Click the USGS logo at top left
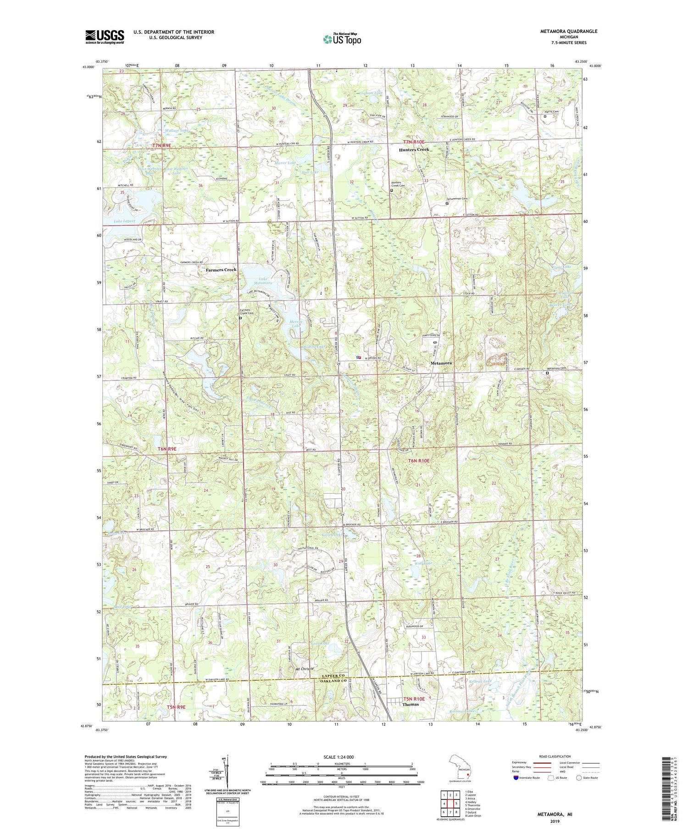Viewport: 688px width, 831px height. pyautogui.click(x=105, y=37)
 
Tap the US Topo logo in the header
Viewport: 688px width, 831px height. pyautogui.click(x=342, y=39)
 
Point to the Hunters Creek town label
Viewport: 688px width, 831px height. pyautogui.click(x=414, y=150)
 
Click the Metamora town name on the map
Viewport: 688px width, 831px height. pyautogui.click(x=441, y=363)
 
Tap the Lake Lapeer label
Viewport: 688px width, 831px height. pyautogui.click(x=125, y=221)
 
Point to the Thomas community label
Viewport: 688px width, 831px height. pyautogui.click(x=411, y=717)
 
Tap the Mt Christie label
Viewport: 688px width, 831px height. pyautogui.click(x=305, y=669)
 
